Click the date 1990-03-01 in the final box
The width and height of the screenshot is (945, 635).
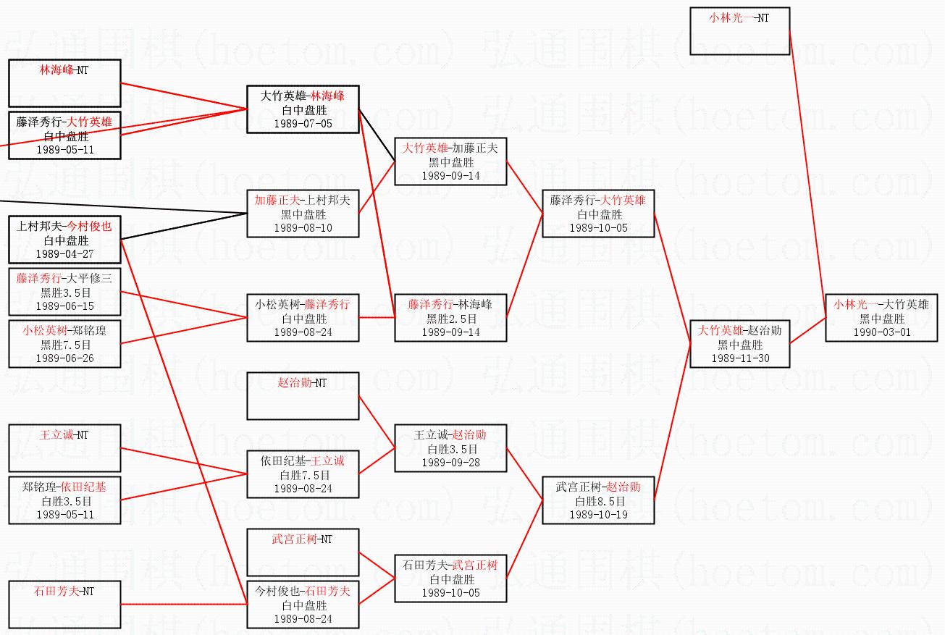click(882, 332)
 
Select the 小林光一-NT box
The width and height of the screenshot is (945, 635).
click(739, 31)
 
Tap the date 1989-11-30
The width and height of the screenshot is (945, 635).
click(739, 358)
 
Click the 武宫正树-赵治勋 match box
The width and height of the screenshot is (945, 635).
click(598, 500)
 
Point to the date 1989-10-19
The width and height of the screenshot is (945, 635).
click(598, 515)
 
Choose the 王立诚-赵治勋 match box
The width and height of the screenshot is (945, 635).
click(450, 448)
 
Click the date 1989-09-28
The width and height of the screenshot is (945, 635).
click(450, 463)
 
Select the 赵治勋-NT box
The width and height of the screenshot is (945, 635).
click(303, 396)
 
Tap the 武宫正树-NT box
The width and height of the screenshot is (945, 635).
click(303, 552)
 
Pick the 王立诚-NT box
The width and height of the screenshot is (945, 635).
click(64, 448)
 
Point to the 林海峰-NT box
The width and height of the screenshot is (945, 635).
click(64, 83)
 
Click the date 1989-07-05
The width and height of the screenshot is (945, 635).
click(303, 124)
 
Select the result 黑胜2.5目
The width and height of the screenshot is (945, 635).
click(450, 319)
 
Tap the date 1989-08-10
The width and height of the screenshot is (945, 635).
click(303, 228)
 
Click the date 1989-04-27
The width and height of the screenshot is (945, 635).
click(64, 254)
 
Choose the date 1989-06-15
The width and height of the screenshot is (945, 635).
click(64, 306)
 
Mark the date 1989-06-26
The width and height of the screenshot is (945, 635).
click(64, 358)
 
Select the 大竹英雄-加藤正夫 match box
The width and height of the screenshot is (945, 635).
click(450, 161)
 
